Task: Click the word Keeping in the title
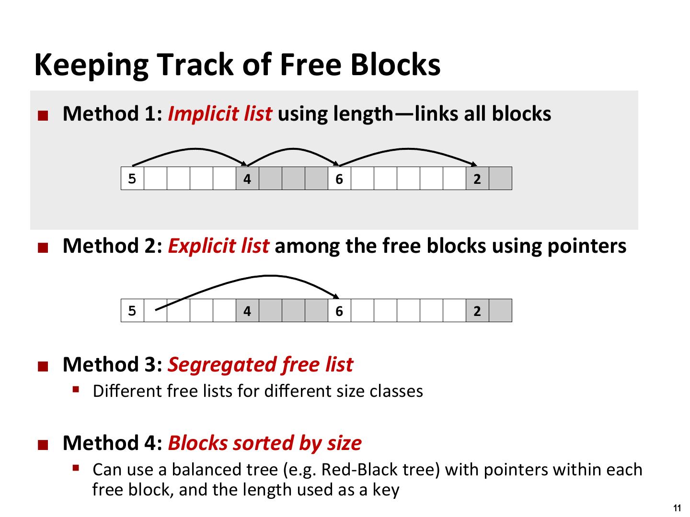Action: [x=91, y=65]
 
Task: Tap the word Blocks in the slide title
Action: [x=395, y=64]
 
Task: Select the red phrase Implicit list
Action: [x=220, y=113]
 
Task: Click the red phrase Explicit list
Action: [x=218, y=246]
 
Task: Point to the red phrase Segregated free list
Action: [x=261, y=365]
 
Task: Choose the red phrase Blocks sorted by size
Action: [x=264, y=444]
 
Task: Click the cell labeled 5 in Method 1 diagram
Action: [x=132, y=178]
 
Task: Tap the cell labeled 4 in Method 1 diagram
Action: [x=247, y=178]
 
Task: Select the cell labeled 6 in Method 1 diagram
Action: [x=340, y=178]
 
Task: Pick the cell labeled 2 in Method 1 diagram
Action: [x=478, y=178]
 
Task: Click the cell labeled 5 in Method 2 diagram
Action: [x=132, y=311]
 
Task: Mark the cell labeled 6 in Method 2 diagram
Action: [x=340, y=311]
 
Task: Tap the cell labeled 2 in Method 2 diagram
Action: [x=478, y=311]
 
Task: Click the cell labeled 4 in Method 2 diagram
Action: [x=247, y=311]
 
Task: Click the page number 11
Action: [x=677, y=508]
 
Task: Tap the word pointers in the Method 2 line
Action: [x=587, y=247]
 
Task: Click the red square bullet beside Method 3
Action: [x=43, y=366]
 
